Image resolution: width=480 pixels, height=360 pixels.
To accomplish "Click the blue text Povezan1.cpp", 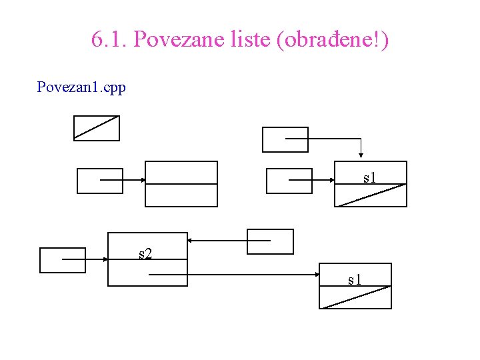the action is point(81,87).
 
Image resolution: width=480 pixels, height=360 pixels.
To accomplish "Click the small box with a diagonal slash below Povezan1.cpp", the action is point(97,128).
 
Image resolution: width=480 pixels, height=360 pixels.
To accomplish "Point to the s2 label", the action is point(145,253).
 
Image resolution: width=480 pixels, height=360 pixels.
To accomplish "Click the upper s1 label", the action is point(370,177).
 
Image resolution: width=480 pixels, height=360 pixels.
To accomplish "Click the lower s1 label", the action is point(355,279).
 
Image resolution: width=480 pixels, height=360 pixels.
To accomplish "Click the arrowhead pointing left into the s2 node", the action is point(190,240).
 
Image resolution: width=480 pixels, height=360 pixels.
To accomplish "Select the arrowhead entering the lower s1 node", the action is point(318,274).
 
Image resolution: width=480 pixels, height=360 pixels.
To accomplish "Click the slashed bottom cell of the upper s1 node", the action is point(371,195).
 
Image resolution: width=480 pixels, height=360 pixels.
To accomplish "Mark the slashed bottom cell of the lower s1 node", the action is point(355,297).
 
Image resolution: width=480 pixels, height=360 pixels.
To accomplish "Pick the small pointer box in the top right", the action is point(285,139).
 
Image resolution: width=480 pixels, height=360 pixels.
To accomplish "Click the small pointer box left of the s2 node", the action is point(63,260).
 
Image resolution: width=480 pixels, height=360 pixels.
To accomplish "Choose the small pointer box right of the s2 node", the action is point(270,241).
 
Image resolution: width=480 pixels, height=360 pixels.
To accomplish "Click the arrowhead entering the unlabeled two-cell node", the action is point(143,180).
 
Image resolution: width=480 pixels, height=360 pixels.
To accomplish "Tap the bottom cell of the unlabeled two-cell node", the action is point(181,195).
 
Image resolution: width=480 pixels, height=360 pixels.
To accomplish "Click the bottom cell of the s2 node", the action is point(147,273).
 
